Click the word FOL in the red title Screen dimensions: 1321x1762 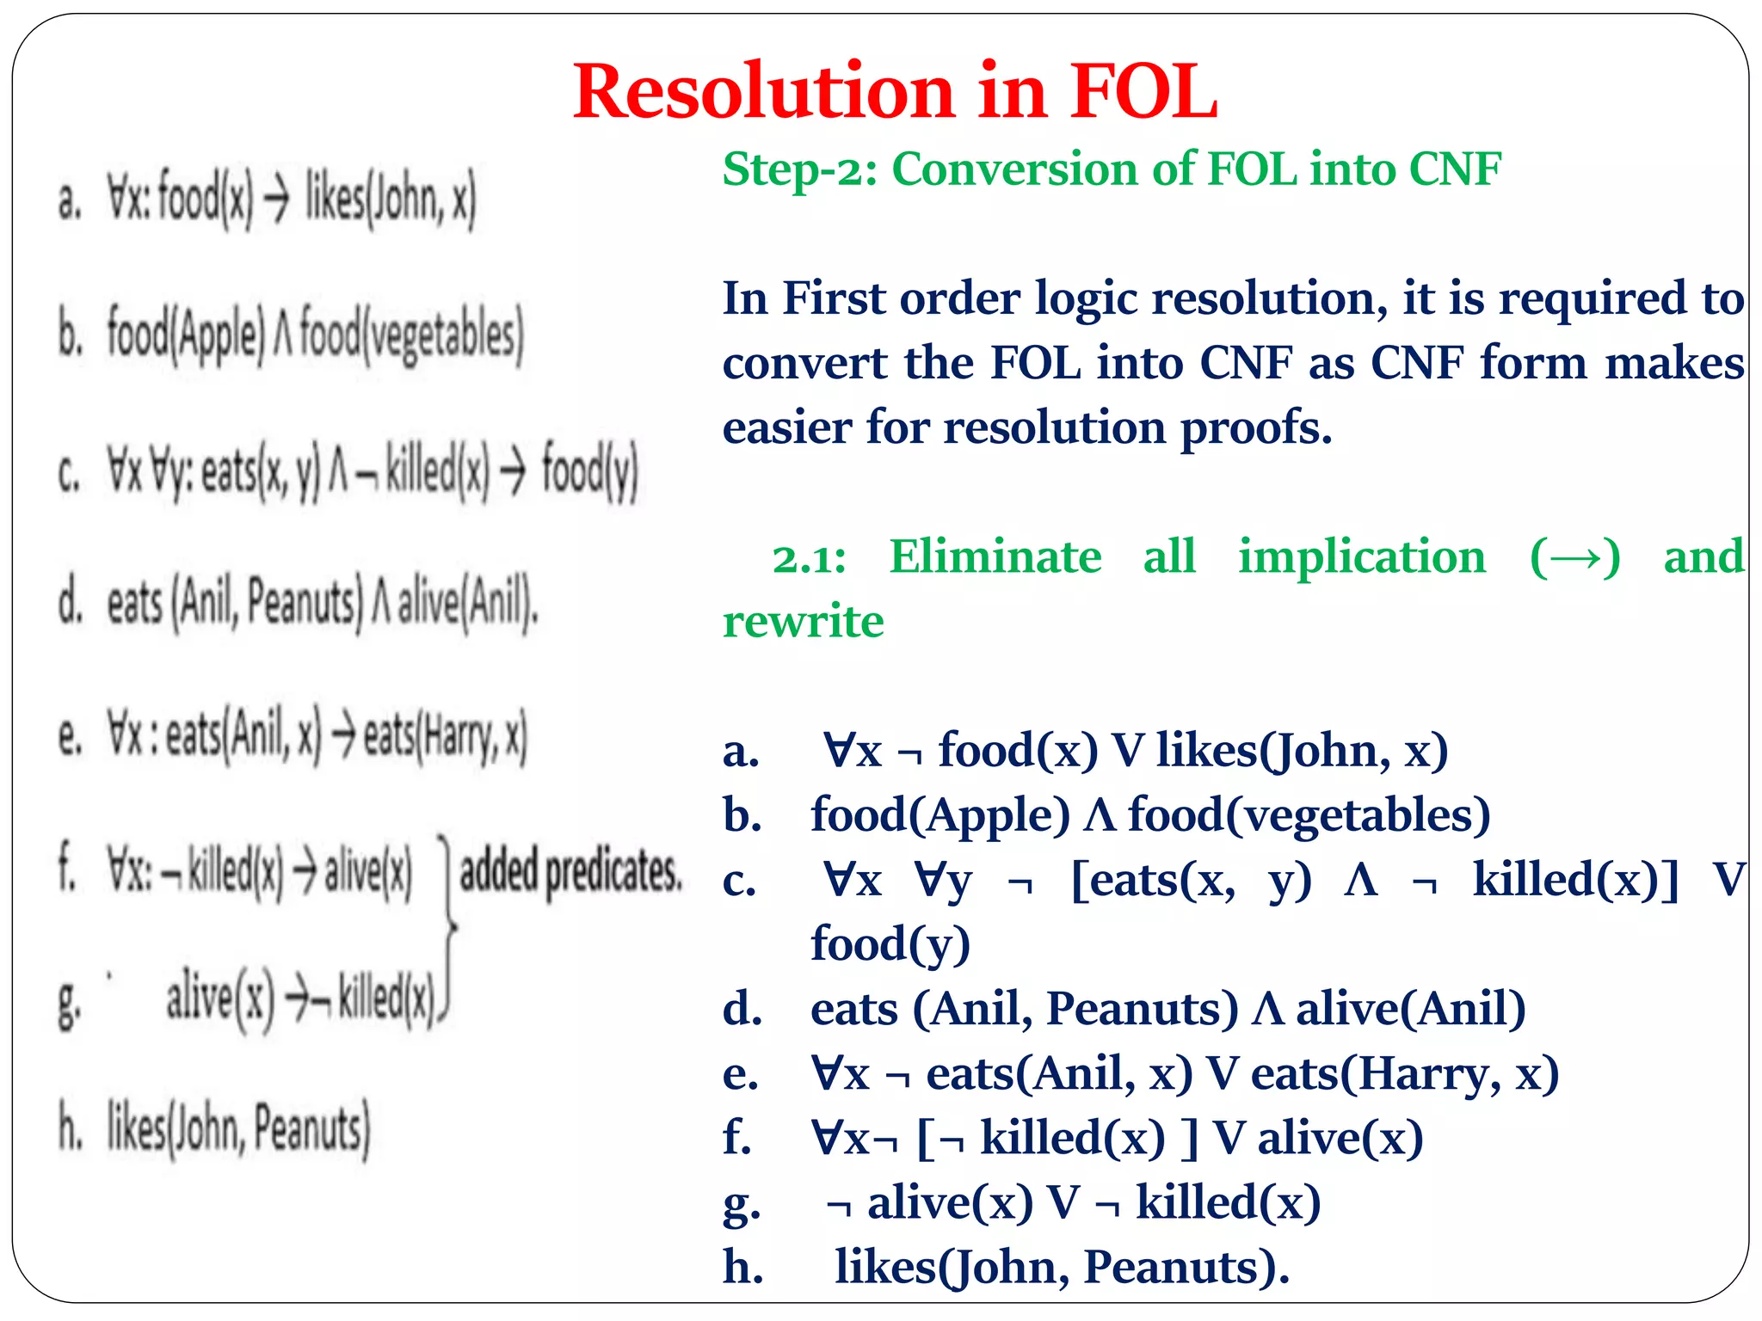pyautogui.click(x=1143, y=91)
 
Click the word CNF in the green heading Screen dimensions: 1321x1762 pyautogui.click(x=1455, y=169)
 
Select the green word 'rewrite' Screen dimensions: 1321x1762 pyautogui.click(x=803, y=621)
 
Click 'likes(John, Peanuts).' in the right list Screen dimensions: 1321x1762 pyautogui.click(x=1062, y=1267)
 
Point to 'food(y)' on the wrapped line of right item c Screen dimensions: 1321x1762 pyautogui.click(x=890, y=943)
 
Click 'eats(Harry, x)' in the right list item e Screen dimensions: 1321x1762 pyautogui.click(x=1405, y=1073)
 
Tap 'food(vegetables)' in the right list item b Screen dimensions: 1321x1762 pyautogui.click(x=1309, y=814)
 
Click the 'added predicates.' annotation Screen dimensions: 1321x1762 pyautogui.click(x=570, y=871)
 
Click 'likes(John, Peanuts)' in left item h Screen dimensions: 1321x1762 pyautogui.click(x=238, y=1128)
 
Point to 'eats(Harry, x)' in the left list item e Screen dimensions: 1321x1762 pyautogui.click(x=444, y=736)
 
